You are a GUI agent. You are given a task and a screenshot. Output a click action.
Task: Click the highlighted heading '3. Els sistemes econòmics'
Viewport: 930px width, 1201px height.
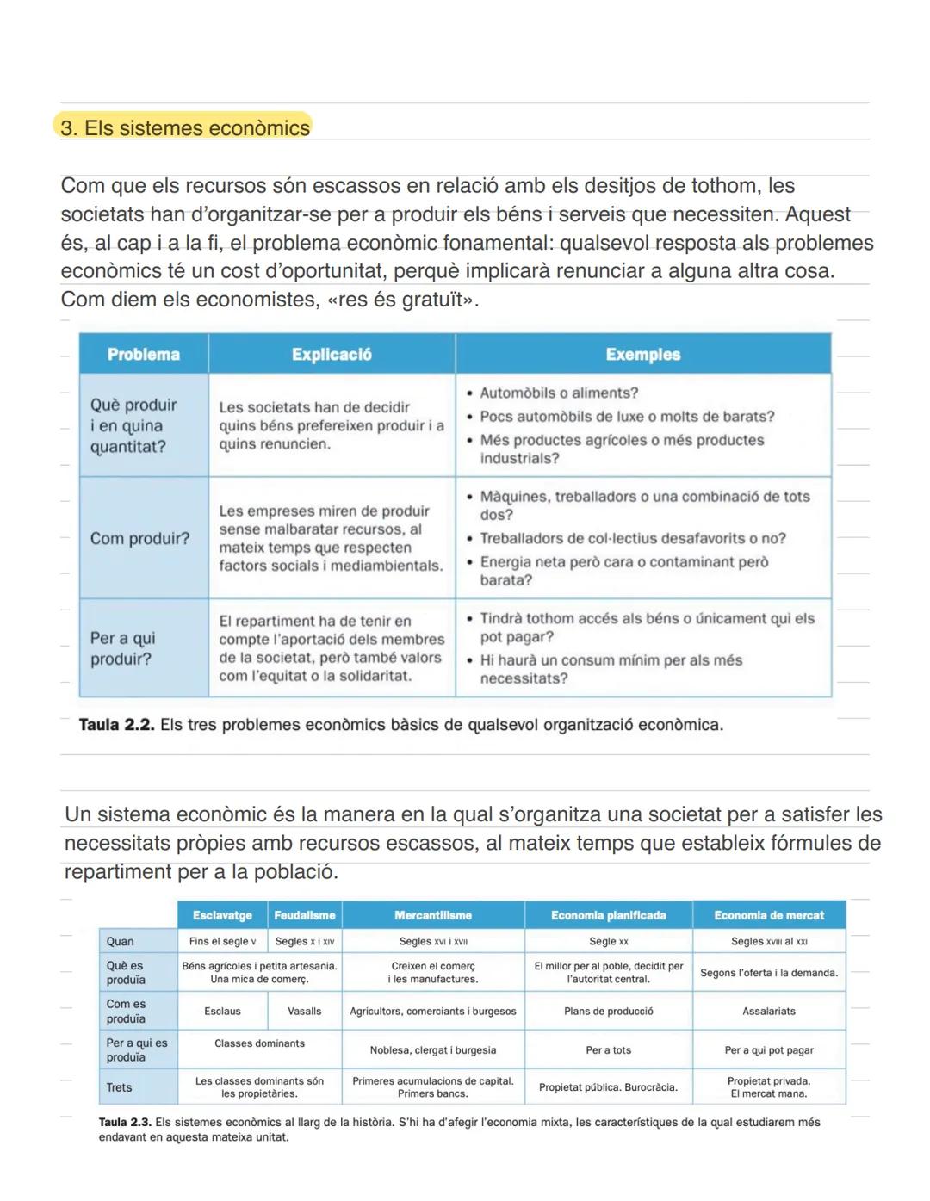coord(184,128)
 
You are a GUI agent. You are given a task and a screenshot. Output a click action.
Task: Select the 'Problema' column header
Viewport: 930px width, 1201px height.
coord(143,355)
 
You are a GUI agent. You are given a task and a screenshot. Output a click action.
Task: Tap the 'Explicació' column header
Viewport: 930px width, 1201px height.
coord(332,355)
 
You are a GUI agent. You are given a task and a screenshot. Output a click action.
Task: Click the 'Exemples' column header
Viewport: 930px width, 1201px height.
coord(642,355)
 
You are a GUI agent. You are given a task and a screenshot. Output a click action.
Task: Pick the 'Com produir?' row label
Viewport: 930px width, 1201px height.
coord(139,539)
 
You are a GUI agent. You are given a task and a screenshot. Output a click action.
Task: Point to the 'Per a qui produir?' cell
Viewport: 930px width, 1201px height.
coord(123,648)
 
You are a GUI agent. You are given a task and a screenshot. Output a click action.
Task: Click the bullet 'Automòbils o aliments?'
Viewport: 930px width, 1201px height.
coord(558,393)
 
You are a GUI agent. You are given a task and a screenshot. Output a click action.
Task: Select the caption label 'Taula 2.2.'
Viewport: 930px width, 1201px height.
coord(116,725)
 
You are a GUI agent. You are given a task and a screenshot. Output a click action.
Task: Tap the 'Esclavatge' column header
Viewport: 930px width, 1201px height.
coord(222,915)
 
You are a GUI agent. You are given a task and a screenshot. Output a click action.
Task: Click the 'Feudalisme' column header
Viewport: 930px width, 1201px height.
coord(304,915)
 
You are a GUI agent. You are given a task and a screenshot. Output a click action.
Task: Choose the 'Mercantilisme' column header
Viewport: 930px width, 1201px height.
coord(432,915)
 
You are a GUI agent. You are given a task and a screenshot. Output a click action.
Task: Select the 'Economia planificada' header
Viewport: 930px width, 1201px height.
coord(608,915)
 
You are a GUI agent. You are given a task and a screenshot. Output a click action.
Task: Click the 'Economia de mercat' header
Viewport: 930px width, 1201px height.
coord(768,915)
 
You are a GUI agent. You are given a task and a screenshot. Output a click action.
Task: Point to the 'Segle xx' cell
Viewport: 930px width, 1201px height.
coord(608,941)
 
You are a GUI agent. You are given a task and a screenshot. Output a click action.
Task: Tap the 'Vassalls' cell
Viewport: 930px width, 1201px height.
coord(304,1012)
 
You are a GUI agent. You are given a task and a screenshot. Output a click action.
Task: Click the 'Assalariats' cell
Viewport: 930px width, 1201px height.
coord(768,1012)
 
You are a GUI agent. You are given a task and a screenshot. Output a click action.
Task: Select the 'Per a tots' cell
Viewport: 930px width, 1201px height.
coord(608,1050)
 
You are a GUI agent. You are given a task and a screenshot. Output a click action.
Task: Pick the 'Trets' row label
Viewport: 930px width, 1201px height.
coord(120,1087)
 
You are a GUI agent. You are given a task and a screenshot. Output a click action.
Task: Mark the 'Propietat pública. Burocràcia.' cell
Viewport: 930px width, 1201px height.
coord(608,1087)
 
